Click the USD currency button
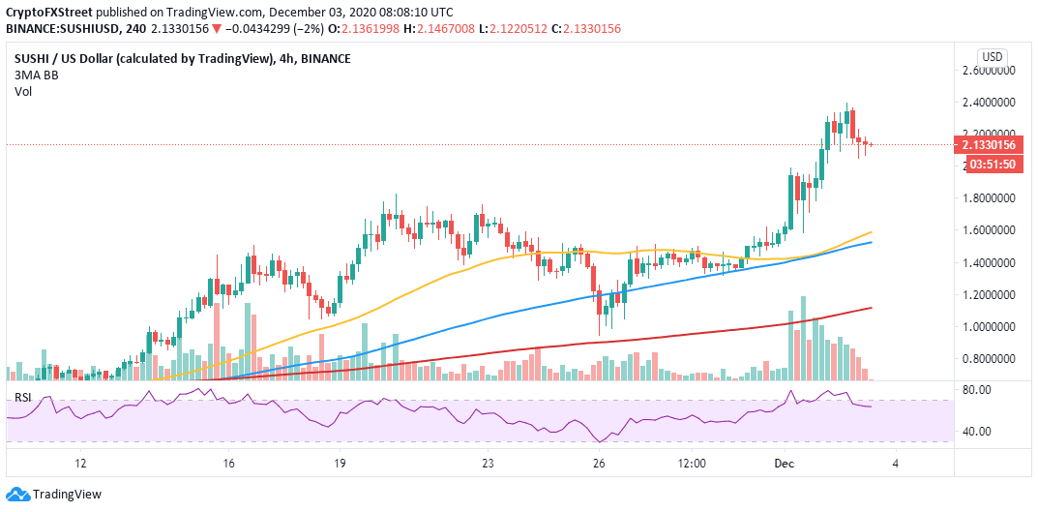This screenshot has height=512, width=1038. click(992, 55)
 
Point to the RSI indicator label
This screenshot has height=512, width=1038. click(21, 397)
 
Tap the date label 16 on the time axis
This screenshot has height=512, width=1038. click(228, 464)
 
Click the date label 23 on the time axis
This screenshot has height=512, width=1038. click(489, 464)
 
